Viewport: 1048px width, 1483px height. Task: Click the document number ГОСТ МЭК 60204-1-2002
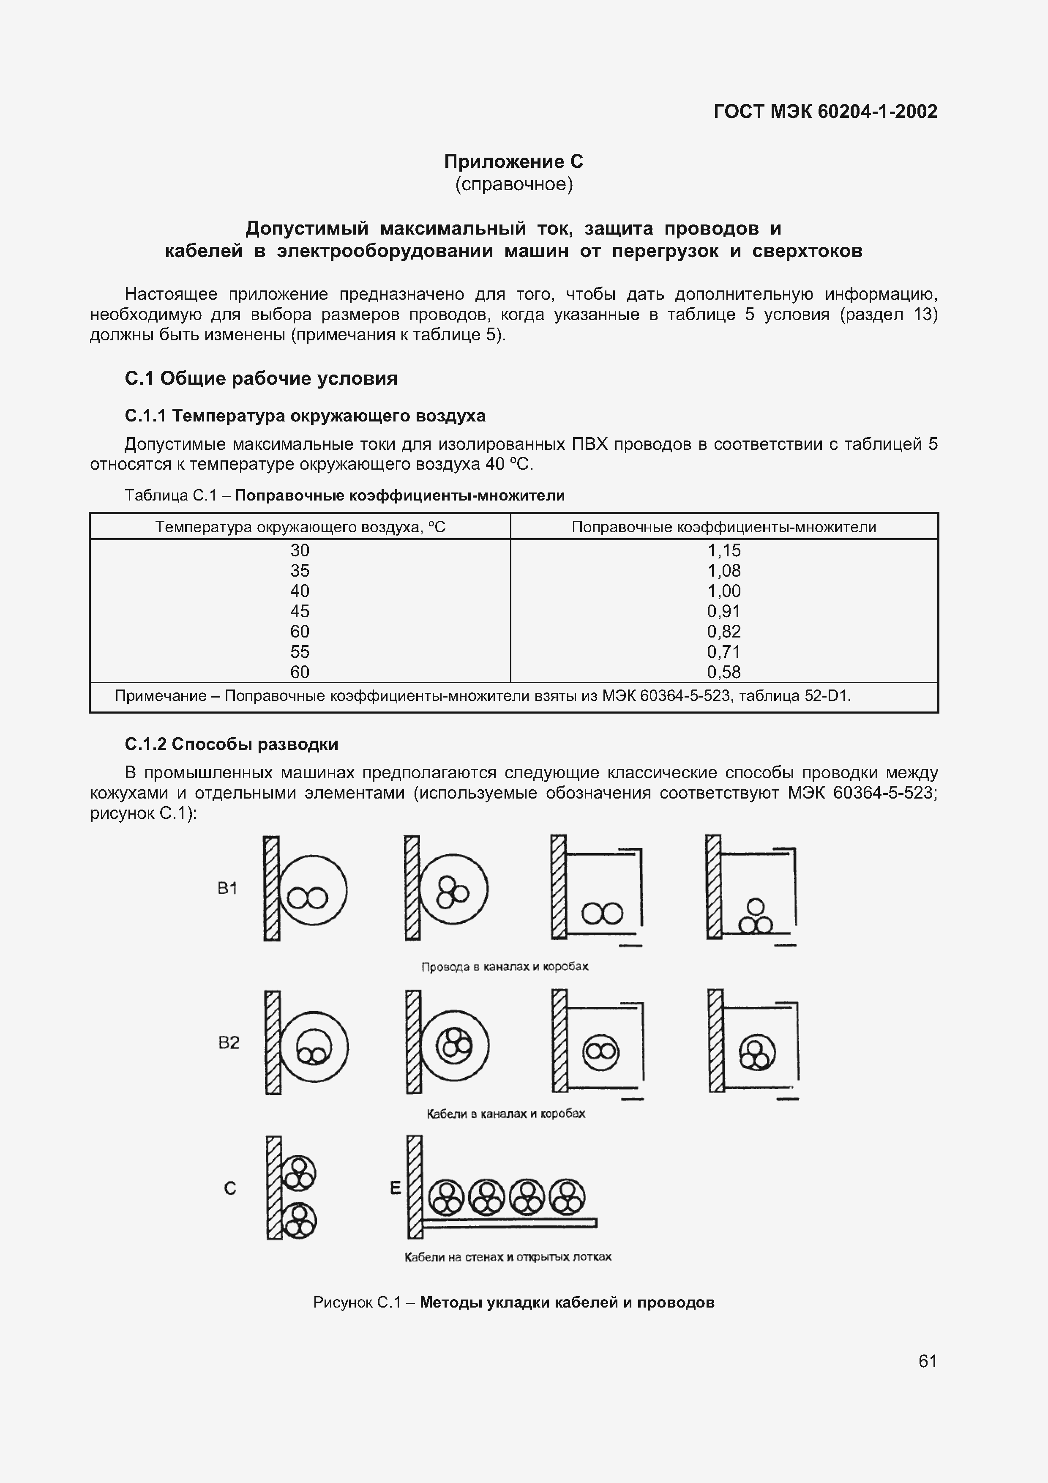click(825, 112)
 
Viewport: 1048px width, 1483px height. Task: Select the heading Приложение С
click(513, 161)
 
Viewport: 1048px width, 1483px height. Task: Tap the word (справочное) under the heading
click(513, 185)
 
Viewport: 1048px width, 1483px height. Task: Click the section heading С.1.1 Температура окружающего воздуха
click(305, 415)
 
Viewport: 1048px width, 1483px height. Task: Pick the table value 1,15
click(724, 550)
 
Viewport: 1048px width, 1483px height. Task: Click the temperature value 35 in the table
click(300, 570)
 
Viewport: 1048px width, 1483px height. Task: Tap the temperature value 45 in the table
click(300, 611)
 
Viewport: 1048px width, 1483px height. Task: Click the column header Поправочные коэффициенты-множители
click(724, 527)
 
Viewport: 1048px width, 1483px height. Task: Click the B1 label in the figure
click(227, 889)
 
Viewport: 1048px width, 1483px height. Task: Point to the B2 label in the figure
click(229, 1042)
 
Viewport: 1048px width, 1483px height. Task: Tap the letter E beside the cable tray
click(395, 1188)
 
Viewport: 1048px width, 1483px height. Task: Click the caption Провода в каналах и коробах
click(504, 967)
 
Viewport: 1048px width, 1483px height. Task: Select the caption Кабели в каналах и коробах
click(505, 1114)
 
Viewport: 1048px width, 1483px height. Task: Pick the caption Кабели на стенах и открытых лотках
click(508, 1257)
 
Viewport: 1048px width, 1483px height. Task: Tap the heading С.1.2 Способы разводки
click(231, 744)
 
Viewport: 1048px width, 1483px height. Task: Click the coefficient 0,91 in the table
click(724, 611)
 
